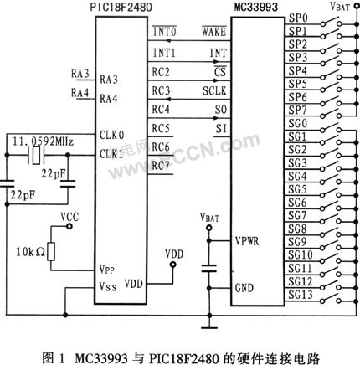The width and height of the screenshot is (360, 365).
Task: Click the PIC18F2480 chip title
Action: [x=121, y=7]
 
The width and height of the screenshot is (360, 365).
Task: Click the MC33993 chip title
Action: [x=256, y=7]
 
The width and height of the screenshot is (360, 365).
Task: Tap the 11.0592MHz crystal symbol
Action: [x=36, y=155]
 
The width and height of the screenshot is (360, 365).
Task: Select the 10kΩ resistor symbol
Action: [x=51, y=251]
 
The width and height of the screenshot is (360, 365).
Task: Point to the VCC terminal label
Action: [x=69, y=217]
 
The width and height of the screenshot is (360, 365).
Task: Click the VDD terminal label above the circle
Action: [x=174, y=254]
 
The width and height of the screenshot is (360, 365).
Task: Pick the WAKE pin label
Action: [x=213, y=31]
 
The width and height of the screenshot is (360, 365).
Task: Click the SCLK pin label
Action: [x=214, y=90]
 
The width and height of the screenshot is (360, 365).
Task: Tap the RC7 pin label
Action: [x=161, y=166]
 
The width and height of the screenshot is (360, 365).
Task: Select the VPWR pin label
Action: [x=247, y=241]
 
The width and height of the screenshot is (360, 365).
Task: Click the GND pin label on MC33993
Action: [x=244, y=288]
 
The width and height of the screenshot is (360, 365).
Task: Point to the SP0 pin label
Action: [x=298, y=18]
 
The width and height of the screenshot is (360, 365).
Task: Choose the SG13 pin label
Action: [x=301, y=295]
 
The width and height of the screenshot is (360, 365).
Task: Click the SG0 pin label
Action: [x=297, y=123]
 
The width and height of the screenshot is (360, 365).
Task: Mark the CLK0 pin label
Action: [x=112, y=135]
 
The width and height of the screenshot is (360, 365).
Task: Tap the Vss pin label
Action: [x=109, y=286]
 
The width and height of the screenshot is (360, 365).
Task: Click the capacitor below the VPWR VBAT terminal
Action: [x=209, y=268]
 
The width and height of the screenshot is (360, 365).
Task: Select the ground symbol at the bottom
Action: [x=209, y=327]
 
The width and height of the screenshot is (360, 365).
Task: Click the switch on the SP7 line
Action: [x=331, y=114]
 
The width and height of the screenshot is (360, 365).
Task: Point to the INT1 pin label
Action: [x=164, y=53]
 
